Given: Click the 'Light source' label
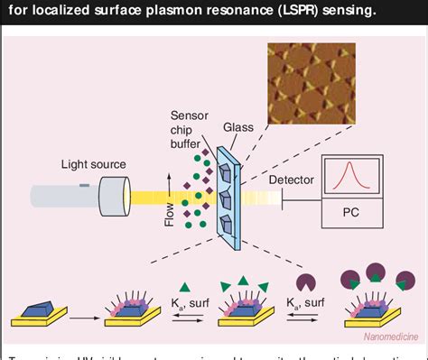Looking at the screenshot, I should click(93, 164).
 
